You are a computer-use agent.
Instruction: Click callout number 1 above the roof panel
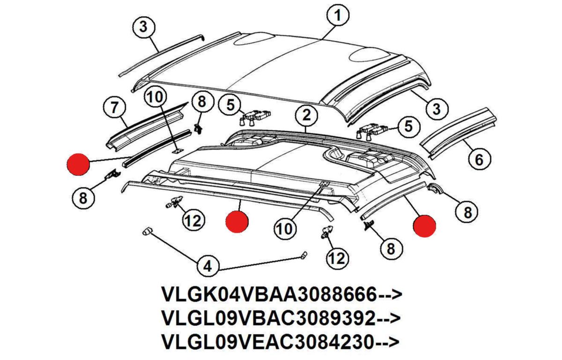[x=338, y=15]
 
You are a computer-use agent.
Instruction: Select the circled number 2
[x=306, y=116]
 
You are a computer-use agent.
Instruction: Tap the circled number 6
[x=479, y=159]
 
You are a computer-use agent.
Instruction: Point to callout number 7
[x=114, y=108]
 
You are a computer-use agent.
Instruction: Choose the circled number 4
[x=208, y=266]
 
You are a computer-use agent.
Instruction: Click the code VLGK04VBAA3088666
[x=269, y=295]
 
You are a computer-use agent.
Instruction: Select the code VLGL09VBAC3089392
[x=269, y=318]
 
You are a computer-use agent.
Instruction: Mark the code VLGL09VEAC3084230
[x=268, y=342]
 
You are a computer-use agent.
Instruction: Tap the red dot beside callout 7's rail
[x=78, y=165]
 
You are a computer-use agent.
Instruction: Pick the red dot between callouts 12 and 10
[x=237, y=221]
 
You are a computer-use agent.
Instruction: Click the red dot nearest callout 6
[x=424, y=225]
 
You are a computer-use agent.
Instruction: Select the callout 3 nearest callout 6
[x=436, y=109]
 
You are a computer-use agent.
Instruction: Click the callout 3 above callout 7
[x=143, y=27]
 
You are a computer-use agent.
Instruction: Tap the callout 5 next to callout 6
[x=408, y=126]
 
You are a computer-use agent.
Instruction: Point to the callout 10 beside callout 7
[x=156, y=97]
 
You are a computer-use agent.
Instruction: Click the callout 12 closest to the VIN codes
[x=337, y=258]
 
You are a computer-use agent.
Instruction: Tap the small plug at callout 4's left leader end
[x=147, y=231]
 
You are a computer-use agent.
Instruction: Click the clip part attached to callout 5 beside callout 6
[x=372, y=131]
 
